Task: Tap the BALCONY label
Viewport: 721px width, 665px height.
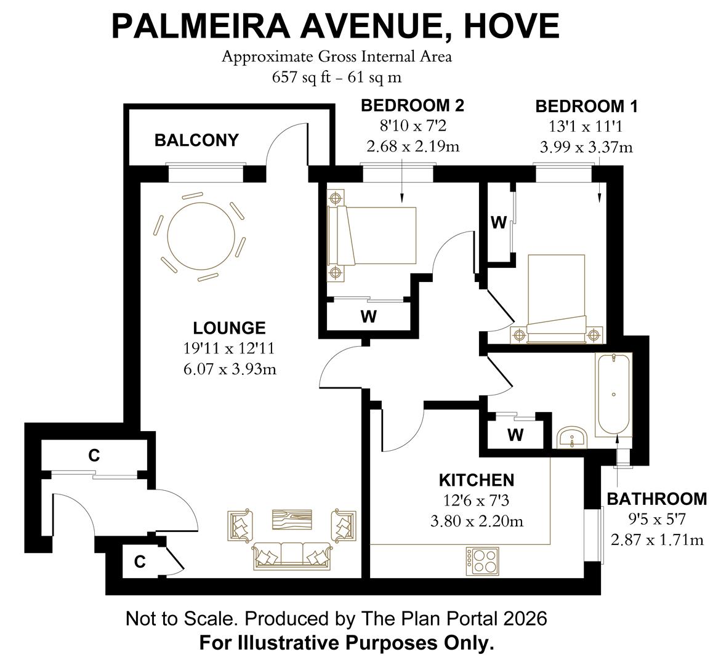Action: [x=196, y=140]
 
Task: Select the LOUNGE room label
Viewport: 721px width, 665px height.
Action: [x=229, y=328]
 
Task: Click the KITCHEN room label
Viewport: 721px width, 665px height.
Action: [x=476, y=480]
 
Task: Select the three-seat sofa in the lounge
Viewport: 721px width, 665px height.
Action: [x=291, y=555]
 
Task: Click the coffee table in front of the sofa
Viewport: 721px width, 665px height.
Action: [x=291, y=520]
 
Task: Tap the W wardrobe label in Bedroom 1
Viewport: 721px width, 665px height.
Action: [x=498, y=223]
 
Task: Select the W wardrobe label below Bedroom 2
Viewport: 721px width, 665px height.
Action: [x=368, y=317]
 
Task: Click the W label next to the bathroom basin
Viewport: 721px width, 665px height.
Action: [x=515, y=435]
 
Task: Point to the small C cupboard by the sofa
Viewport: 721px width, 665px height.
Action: [x=140, y=562]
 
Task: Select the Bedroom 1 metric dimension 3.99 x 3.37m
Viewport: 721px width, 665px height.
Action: [x=586, y=147]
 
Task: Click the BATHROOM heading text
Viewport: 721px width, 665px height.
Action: [x=656, y=498]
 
